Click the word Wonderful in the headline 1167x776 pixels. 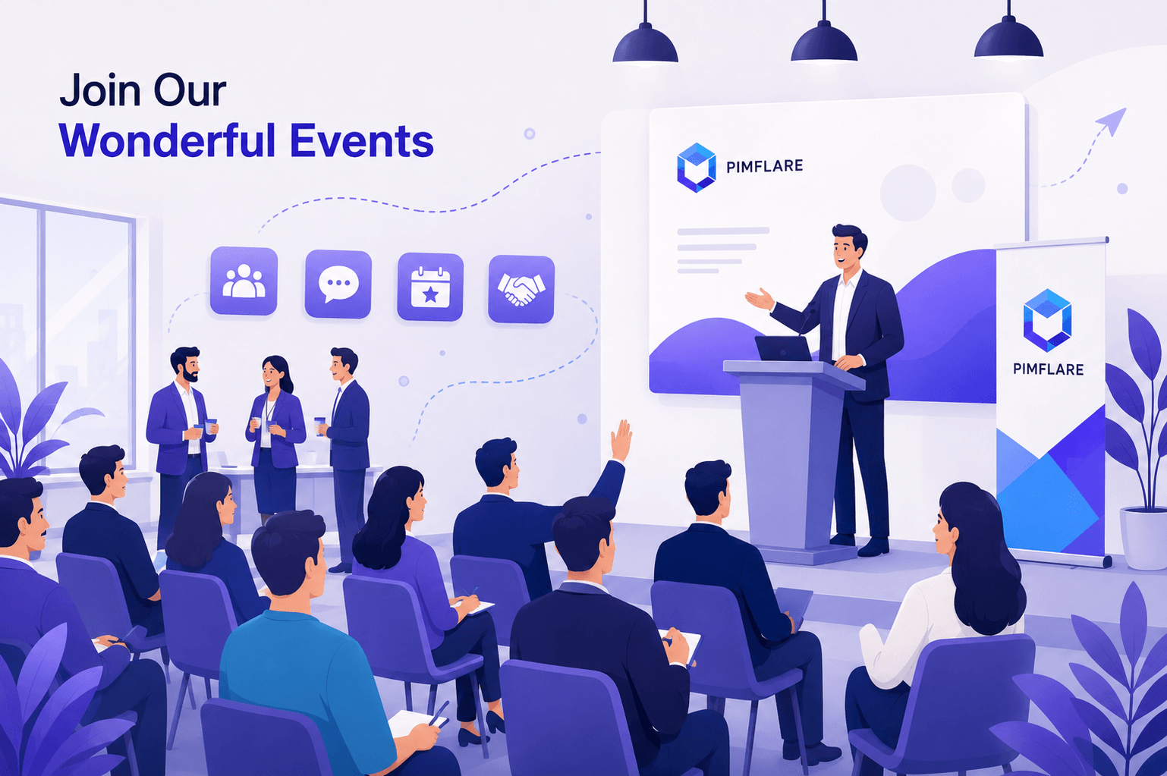(167, 140)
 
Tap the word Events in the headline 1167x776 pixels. (362, 140)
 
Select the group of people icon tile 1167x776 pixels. (244, 281)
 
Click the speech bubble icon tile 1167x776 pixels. (338, 284)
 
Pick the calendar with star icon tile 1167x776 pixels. (430, 287)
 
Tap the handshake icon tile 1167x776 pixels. (521, 290)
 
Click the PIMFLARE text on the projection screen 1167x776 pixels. (764, 167)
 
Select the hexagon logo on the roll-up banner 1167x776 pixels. (1047, 320)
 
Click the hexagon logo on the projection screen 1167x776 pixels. (696, 167)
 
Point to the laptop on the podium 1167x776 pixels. (783, 348)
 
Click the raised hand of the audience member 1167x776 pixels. (621, 440)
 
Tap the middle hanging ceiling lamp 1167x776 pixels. (824, 42)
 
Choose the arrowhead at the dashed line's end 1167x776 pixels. (1113, 121)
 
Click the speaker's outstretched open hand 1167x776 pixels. (760, 299)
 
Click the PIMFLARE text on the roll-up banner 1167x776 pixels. (1048, 369)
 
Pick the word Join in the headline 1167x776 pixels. (101, 90)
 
